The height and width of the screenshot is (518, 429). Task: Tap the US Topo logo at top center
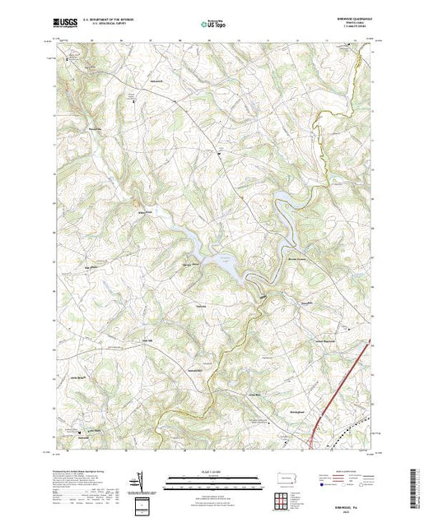click(213, 25)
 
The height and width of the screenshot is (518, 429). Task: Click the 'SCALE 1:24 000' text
click(213, 474)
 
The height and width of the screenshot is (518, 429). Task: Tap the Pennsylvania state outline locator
click(285, 478)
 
